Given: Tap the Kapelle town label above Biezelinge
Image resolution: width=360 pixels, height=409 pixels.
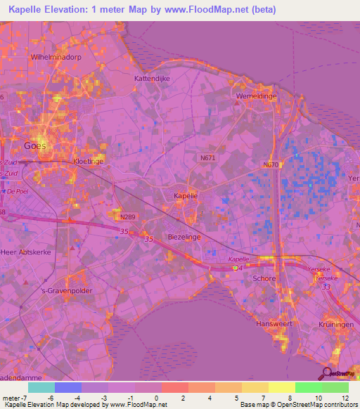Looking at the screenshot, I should [x=186, y=196].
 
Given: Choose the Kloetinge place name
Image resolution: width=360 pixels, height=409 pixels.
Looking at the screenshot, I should [x=88, y=161].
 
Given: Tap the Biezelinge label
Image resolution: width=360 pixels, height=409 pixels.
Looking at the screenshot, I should [x=184, y=238].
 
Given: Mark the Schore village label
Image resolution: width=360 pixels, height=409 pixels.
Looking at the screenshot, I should [x=263, y=278].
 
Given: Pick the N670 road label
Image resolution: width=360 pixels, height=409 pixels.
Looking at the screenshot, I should [x=272, y=165].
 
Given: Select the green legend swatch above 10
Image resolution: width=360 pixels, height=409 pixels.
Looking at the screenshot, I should [x=309, y=387].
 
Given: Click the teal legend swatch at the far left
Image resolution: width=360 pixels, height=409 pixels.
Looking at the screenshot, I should [x=41, y=387].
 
